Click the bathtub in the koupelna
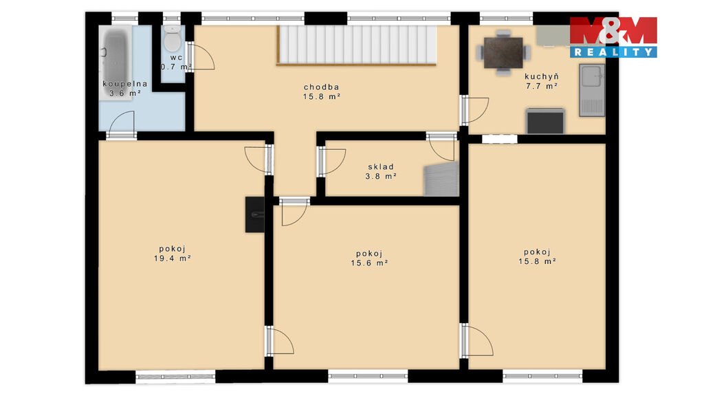(115, 63)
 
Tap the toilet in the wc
(172, 38)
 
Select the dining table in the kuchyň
(503, 52)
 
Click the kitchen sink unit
(592, 90)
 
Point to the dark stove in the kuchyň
(545, 121)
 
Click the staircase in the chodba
(357, 45)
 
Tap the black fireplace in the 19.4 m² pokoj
(254, 214)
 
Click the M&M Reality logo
(613, 37)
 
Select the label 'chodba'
(322, 87)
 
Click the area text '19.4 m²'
(173, 258)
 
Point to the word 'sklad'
(381, 167)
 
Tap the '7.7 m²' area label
(542, 86)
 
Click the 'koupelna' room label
(125, 84)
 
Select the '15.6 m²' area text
(369, 263)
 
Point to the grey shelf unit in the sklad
(441, 179)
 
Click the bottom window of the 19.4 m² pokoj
(175, 377)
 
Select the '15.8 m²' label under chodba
(322, 96)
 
